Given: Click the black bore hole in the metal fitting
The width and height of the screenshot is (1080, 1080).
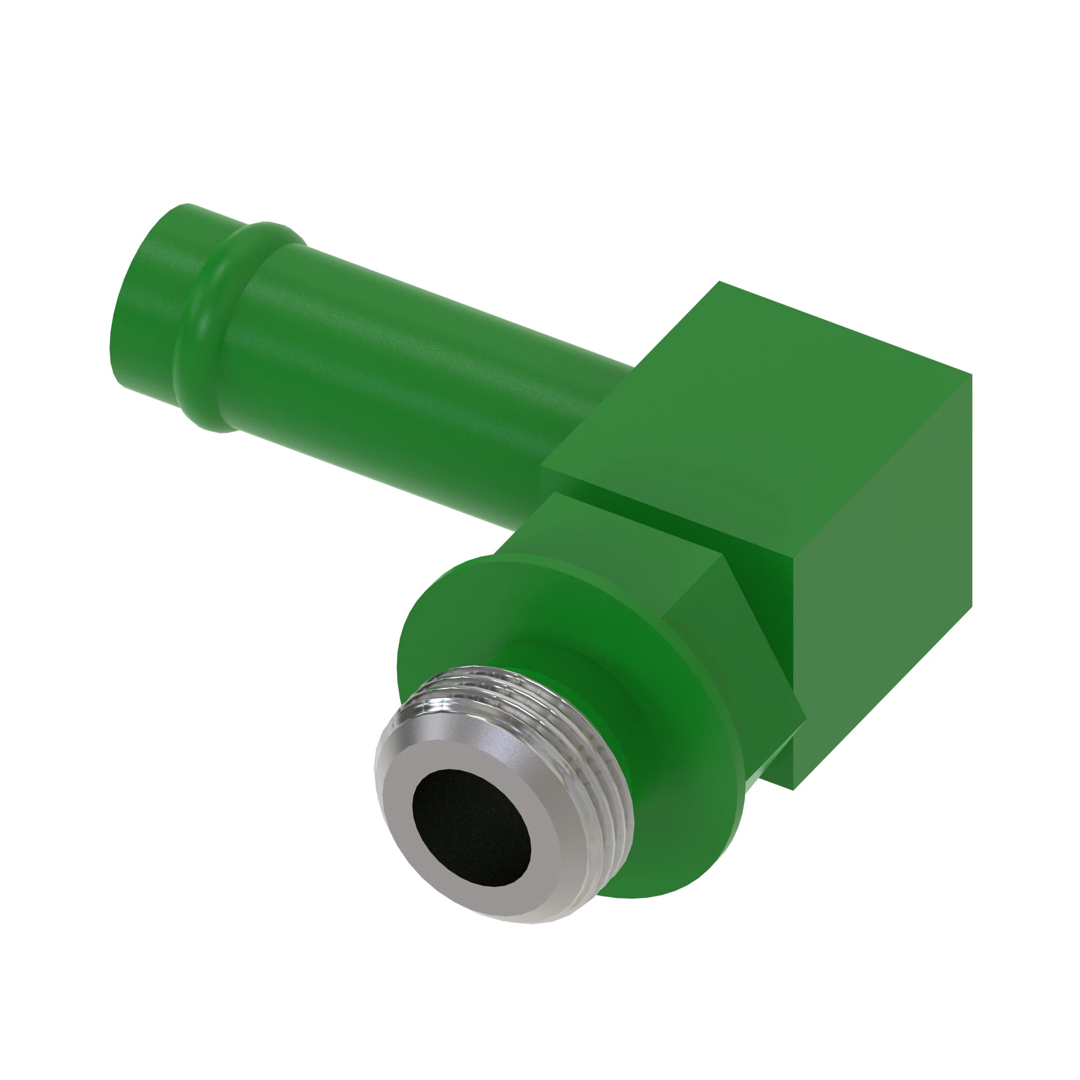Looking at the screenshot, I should (472, 829).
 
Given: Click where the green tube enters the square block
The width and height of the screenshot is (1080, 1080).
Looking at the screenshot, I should (592, 425).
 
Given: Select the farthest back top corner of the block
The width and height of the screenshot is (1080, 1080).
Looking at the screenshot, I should (719, 282).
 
